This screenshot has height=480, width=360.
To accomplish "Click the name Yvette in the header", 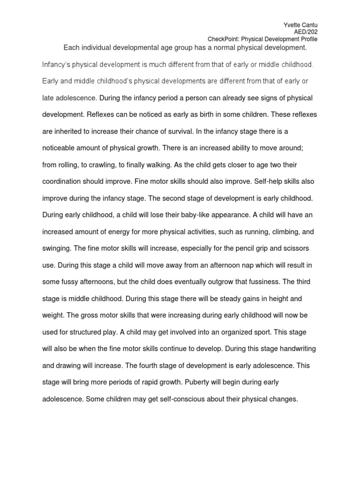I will pyautogui.click(x=292, y=24).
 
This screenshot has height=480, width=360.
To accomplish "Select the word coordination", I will pyautogui.click(x=64, y=182).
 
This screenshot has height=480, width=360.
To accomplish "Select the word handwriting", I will pyautogui.click(x=287, y=349).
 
